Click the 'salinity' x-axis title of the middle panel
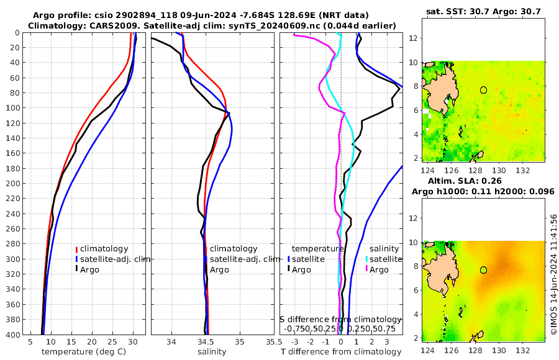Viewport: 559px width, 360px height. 212,352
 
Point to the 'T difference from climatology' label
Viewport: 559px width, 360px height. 341,352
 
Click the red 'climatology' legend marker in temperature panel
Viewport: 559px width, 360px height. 76,249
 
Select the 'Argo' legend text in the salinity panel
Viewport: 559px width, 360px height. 219,270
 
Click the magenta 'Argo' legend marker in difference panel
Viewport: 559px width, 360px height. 367,270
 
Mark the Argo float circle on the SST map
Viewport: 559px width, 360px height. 483,90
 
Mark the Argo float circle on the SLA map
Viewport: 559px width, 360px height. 483,270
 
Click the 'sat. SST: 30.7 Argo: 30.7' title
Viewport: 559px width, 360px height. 484,12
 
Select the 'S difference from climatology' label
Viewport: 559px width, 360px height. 341,318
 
